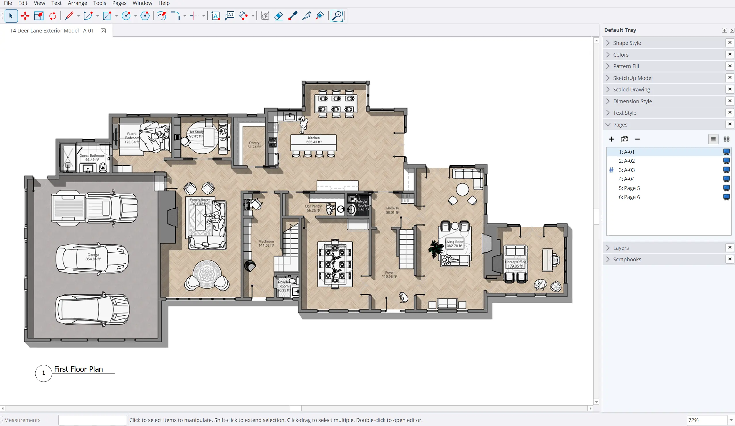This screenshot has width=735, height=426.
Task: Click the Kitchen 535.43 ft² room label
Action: [314, 140]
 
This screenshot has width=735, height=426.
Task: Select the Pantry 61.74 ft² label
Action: [254, 145]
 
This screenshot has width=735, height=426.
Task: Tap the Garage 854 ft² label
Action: [93, 257]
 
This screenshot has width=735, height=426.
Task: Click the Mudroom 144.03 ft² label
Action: [266, 243]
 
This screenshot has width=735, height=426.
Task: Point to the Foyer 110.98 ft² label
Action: [389, 275]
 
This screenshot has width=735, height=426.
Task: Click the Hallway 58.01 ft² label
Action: [392, 210]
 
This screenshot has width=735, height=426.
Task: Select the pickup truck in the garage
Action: [94, 208]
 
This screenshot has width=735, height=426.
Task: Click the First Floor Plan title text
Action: [79, 369]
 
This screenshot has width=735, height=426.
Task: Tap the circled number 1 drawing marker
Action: [43, 373]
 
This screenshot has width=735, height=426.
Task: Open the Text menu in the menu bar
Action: [56, 3]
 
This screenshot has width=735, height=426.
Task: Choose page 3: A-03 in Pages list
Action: [627, 170]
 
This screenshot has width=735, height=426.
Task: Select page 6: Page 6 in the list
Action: [629, 197]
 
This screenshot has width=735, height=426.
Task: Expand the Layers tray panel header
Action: [621, 248]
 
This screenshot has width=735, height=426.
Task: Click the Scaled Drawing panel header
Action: [631, 89]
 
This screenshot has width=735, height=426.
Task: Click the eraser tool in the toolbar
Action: [279, 16]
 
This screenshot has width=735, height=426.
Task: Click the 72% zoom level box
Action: [706, 420]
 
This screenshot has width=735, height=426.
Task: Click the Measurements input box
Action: [92, 420]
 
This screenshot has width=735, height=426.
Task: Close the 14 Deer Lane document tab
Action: [103, 30]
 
